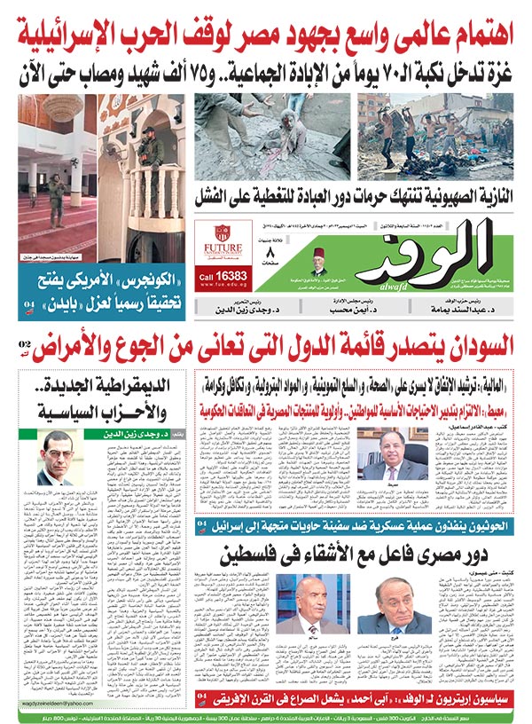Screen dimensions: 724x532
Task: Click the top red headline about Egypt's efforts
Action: click(x=266, y=34)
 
